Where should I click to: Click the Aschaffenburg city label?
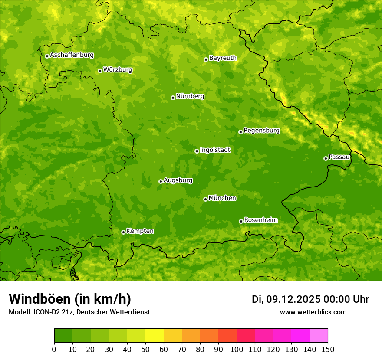pyautogui.click(x=72, y=55)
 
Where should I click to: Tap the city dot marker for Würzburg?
pyautogui.click(x=100, y=71)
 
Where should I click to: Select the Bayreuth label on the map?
pyautogui.click(x=223, y=58)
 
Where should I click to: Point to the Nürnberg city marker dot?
pyautogui.click(x=173, y=98)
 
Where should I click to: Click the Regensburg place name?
pyautogui.click(x=261, y=131)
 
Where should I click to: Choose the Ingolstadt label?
pyautogui.click(x=215, y=150)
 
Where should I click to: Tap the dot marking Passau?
pyautogui.click(x=326, y=158)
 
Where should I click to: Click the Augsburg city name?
pyautogui.click(x=178, y=180)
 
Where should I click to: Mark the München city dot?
pyautogui.click(x=205, y=199)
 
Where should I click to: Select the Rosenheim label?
pyautogui.click(x=260, y=220)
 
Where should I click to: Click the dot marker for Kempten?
pyautogui.click(x=123, y=232)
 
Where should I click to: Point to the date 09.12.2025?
pyautogui.click(x=293, y=299)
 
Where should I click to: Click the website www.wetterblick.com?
pyautogui.click(x=313, y=312)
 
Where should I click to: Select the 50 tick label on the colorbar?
pyautogui.click(x=145, y=350)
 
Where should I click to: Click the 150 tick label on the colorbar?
pyautogui.click(x=328, y=350)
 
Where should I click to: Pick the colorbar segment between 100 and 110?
pyautogui.click(x=246, y=336)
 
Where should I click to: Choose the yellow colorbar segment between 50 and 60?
pyautogui.click(x=155, y=336)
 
